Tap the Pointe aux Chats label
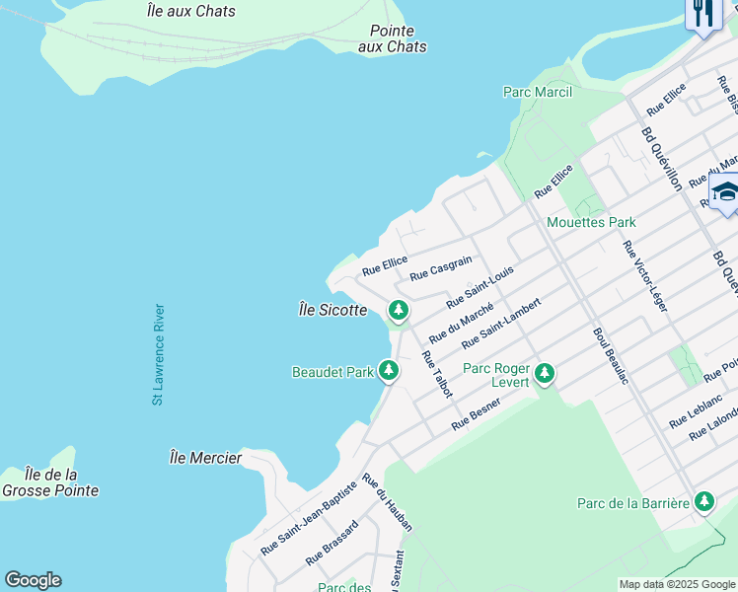click(393, 38)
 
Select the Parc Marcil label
click(537, 92)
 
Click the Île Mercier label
click(205, 458)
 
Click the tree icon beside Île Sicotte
click(399, 311)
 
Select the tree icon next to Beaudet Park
click(390, 370)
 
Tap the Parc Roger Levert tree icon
click(545, 374)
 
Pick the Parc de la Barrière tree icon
click(703, 501)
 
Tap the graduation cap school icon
click(725, 190)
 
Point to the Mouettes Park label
click(591, 222)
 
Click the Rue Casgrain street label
click(441, 267)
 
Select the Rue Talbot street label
click(436, 374)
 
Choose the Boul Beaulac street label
click(611, 355)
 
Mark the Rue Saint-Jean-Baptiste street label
click(308, 518)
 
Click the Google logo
click(33, 580)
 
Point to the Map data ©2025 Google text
click(677, 584)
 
